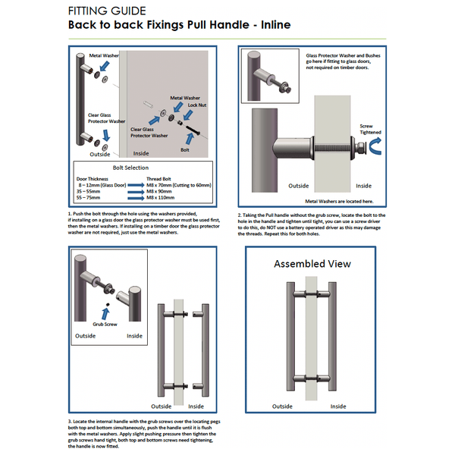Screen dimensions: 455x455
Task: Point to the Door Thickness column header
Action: click(x=97, y=178)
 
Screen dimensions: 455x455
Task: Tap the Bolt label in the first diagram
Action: click(x=185, y=150)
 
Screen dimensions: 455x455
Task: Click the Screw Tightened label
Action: click(x=371, y=129)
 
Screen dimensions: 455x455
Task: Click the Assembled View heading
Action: click(x=312, y=264)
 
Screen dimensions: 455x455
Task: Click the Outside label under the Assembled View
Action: click(x=282, y=404)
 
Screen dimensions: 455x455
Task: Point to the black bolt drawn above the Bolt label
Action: click(x=190, y=134)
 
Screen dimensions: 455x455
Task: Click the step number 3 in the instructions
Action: click(x=70, y=420)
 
